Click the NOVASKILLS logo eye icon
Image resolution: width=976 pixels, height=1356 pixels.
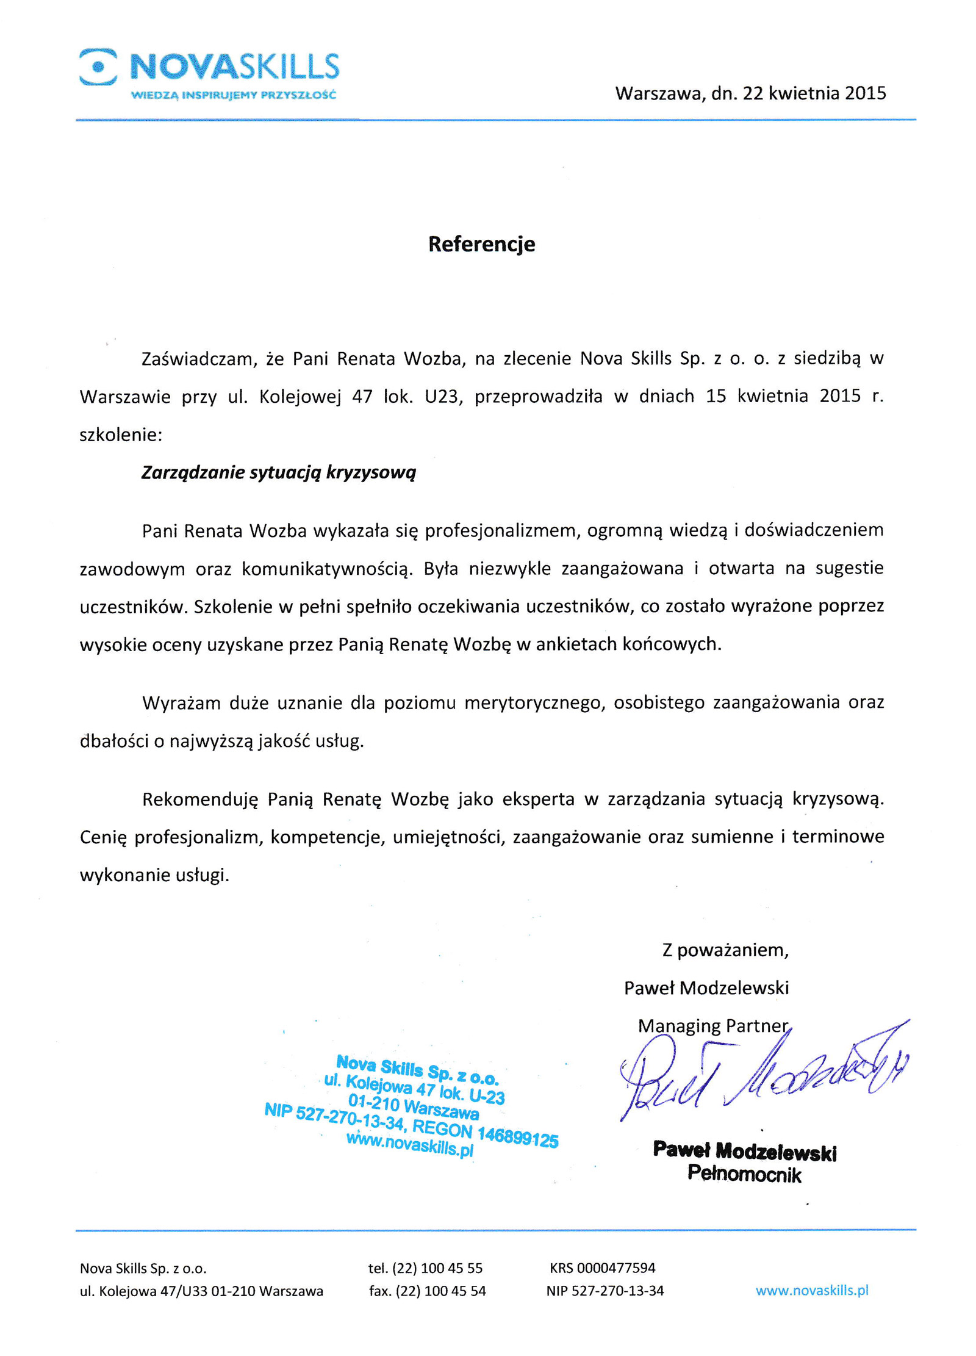click(98, 67)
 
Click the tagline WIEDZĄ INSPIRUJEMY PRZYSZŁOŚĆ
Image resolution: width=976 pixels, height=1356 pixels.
click(234, 95)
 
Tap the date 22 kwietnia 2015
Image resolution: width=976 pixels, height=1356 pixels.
click(814, 93)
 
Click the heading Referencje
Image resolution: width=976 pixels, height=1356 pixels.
click(481, 243)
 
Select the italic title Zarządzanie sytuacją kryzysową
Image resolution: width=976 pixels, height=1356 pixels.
click(278, 472)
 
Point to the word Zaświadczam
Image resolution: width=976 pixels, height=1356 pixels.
click(197, 359)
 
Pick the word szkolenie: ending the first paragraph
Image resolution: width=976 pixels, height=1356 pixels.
click(121, 435)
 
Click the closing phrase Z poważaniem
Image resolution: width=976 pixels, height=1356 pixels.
click(725, 950)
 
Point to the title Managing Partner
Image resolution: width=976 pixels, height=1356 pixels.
click(712, 1025)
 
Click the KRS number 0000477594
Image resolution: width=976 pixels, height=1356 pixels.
click(615, 1268)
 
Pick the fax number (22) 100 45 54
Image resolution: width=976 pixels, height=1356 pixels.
click(440, 1291)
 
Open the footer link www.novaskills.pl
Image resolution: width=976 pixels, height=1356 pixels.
click(811, 1290)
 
